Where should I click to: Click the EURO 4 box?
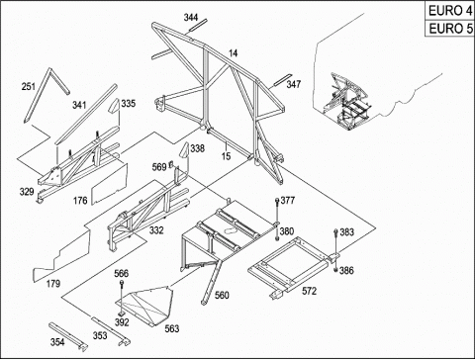click(449, 11)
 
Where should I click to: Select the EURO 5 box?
click(449, 29)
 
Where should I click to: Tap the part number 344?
click(191, 17)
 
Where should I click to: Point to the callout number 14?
click(233, 52)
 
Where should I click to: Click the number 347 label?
click(294, 84)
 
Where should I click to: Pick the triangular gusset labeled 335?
click(114, 105)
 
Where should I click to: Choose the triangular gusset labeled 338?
click(184, 150)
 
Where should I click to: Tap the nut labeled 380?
click(277, 238)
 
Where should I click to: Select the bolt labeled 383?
click(335, 241)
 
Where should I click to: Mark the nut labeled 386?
click(335, 270)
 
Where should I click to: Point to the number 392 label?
click(122, 322)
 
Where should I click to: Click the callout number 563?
click(172, 328)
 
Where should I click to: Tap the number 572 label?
click(309, 291)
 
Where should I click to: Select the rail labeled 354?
click(68, 336)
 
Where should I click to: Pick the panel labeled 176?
click(110, 184)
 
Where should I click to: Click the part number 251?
click(29, 86)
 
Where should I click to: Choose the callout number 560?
click(222, 295)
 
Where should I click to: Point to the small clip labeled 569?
click(171, 163)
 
